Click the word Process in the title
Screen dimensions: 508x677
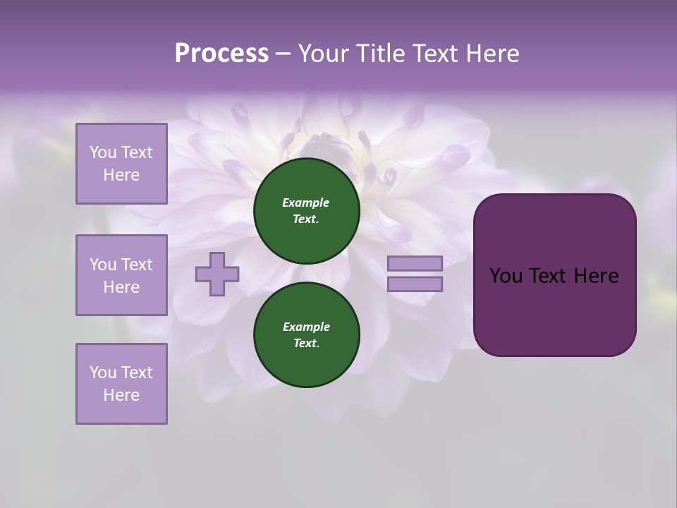click(221, 54)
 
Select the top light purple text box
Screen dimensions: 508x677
click(121, 164)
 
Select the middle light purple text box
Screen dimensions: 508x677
click(121, 275)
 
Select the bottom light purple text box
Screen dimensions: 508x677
click(121, 384)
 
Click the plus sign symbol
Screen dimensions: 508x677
click(217, 274)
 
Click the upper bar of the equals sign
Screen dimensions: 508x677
click(415, 263)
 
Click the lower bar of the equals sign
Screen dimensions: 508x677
click(415, 284)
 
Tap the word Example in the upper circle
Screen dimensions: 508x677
click(306, 202)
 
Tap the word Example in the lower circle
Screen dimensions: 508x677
click(306, 327)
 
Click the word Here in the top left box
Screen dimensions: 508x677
click(121, 175)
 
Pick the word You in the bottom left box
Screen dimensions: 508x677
click(103, 373)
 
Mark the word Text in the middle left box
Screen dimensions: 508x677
click(136, 265)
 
